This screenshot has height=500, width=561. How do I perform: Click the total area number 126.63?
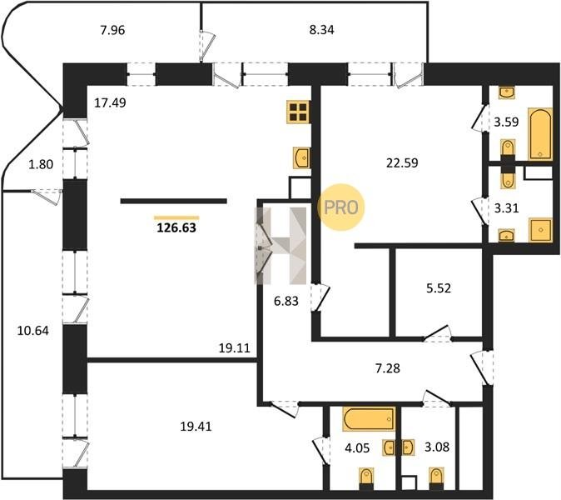coord(176,227)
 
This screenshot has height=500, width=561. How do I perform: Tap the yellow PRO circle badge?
coord(340,207)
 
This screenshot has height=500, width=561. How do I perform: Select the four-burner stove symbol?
coord(298,112)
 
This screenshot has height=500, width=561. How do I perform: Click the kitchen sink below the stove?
coord(301,157)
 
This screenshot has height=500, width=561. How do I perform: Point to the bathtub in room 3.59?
coord(540,134)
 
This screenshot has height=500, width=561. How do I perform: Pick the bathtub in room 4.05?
coord(369,418)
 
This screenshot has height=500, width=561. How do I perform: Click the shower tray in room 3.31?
coord(540,230)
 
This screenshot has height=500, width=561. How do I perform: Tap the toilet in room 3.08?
coord(436,478)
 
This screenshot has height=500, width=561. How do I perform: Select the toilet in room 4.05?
coord(366,478)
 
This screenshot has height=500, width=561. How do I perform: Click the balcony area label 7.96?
coord(112,30)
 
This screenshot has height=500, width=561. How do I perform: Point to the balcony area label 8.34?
coord(321,30)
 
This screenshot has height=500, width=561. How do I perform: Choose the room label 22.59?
coord(402,163)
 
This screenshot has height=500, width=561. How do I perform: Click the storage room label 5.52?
coord(439,288)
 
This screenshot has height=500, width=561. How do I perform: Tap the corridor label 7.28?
coord(388,368)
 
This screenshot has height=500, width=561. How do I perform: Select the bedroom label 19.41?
coord(196,427)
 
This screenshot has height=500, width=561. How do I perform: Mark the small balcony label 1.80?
coord(41,164)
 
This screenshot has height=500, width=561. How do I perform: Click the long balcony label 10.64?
coord(33,331)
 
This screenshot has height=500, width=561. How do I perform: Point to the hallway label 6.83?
coord(285,301)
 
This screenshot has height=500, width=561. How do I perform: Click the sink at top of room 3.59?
coord(508,92)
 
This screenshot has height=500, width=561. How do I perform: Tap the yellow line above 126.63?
coord(176,217)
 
